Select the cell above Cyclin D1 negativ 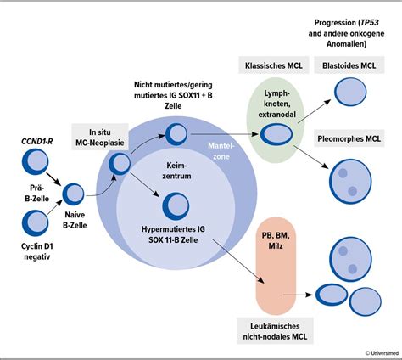35,222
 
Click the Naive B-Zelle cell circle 74,194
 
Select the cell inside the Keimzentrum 176,205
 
